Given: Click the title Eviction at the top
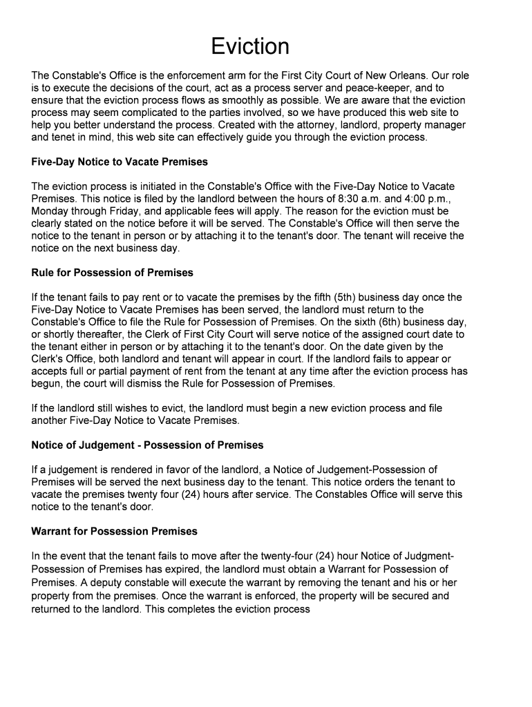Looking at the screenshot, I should click(x=250, y=46).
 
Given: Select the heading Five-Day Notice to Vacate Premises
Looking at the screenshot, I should click(x=120, y=162).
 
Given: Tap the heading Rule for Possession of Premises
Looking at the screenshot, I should click(x=113, y=272).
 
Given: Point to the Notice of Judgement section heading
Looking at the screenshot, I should click(x=147, y=445).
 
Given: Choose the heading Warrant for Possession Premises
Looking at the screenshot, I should click(x=115, y=531).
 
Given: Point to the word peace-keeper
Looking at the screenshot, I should click(x=374, y=88).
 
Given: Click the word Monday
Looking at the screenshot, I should click(x=51, y=211).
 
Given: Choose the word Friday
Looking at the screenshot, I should click(x=131, y=211).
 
